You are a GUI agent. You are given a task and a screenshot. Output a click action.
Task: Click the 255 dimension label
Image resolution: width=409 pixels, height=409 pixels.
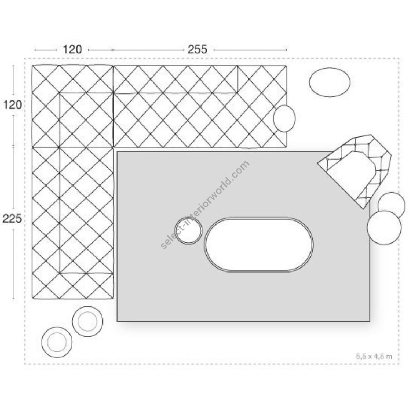(197, 50)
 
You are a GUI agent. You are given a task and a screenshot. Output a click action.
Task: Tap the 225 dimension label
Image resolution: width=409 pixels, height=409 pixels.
(12, 219)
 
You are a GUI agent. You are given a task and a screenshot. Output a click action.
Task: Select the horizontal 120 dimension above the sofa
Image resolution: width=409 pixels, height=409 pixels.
(72, 50)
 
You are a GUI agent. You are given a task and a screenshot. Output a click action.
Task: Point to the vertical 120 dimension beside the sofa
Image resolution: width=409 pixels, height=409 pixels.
(12, 105)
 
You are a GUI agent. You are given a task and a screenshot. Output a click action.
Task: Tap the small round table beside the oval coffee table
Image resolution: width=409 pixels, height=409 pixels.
(188, 231)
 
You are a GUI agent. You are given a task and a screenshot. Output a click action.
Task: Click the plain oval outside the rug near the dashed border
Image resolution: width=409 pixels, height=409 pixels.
(329, 82)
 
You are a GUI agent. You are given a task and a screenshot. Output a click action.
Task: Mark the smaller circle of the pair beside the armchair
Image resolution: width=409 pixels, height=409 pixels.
(392, 204)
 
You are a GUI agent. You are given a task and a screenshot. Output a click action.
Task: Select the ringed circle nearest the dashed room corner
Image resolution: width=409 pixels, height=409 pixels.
(57, 341)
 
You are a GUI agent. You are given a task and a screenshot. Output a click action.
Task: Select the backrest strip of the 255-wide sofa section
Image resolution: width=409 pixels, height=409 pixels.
(175, 79)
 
